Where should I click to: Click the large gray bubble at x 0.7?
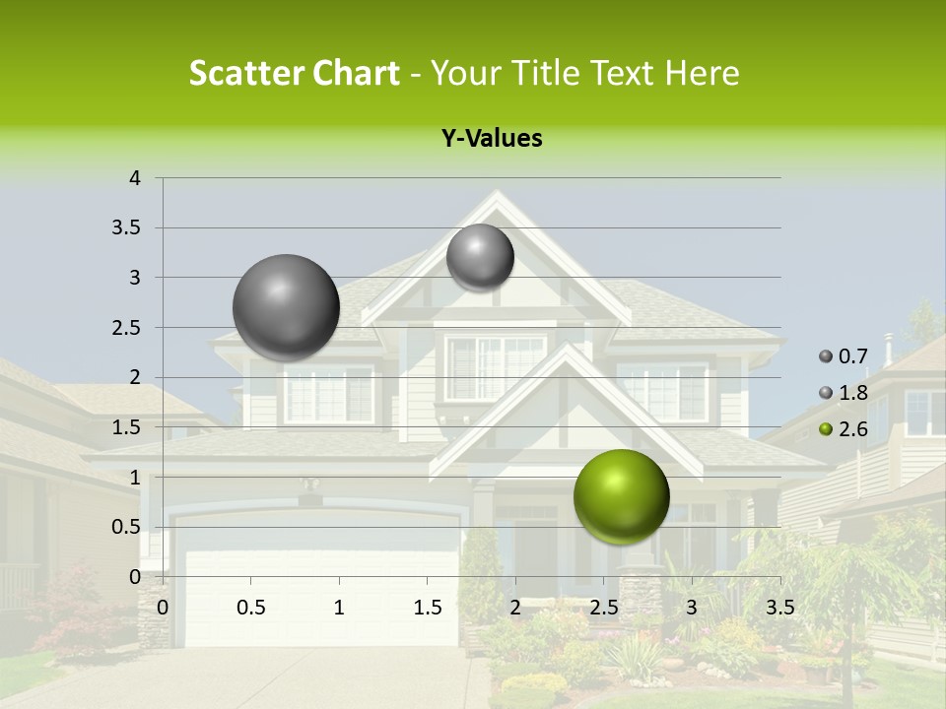287,307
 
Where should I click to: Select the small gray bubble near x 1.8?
480,257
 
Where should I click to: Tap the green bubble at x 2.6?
621,496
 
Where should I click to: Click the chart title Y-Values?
491,139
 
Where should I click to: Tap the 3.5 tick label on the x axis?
779,608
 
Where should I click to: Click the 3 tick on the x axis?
692,608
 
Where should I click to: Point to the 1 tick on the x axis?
339,608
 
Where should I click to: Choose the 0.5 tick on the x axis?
250,608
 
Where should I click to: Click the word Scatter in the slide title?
246,73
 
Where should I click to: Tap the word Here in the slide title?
701,73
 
